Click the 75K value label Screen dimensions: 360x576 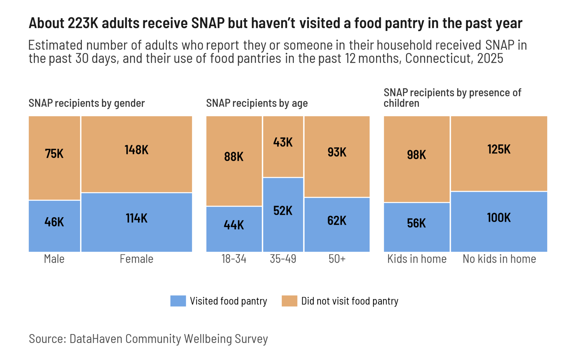point(54,154)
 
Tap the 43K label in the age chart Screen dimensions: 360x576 point(283,142)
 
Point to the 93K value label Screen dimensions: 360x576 point(337,152)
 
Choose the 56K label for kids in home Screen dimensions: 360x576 point(417,223)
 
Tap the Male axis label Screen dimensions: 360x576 point(54,259)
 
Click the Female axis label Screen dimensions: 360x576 point(136,259)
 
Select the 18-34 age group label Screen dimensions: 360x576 point(234,259)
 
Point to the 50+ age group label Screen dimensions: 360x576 point(337,259)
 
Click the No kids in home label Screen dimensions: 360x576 point(499,259)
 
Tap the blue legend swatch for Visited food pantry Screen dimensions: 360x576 point(178,301)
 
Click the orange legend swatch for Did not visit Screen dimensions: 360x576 point(289,301)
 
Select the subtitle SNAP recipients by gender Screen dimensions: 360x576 point(87,103)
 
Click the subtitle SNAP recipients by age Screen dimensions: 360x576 point(257,103)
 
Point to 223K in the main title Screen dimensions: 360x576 point(83,23)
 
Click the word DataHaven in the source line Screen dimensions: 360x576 point(97,339)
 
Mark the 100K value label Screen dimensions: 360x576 point(499,218)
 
